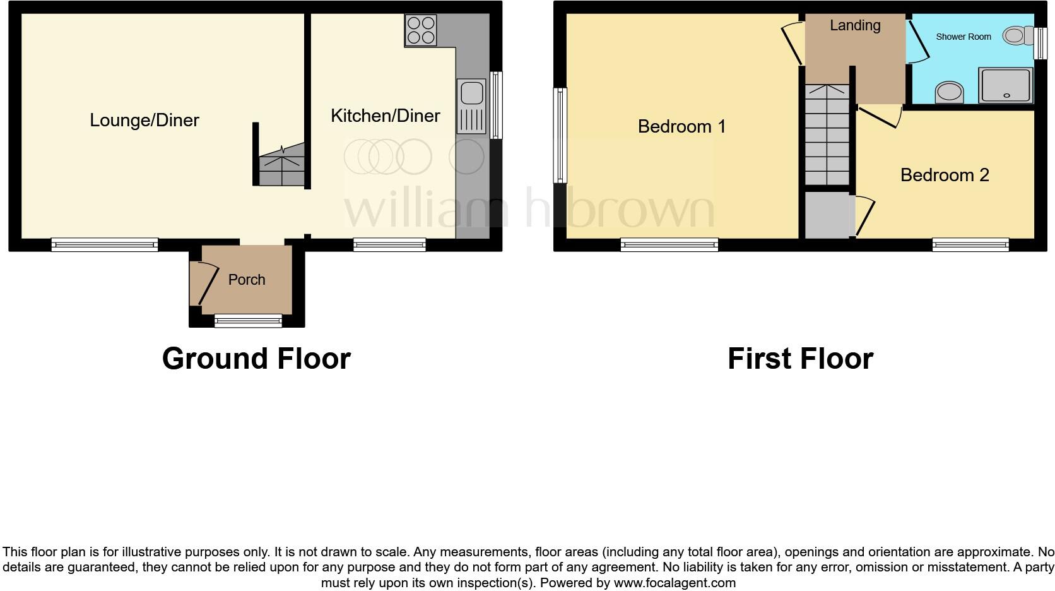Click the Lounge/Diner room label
[144, 120]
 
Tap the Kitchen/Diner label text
[385, 116]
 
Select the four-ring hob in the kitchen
[421, 30]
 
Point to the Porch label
[247, 280]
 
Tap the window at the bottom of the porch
[248, 321]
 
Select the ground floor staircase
[281, 165]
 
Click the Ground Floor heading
[256, 359]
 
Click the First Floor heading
[800, 359]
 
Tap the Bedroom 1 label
[681, 126]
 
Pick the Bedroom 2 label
[944, 175]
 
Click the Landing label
[855, 25]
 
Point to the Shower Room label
[963, 37]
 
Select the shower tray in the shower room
[1006, 85]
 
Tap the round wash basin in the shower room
[949, 92]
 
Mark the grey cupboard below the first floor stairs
[827, 215]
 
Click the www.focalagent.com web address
[675, 583]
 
